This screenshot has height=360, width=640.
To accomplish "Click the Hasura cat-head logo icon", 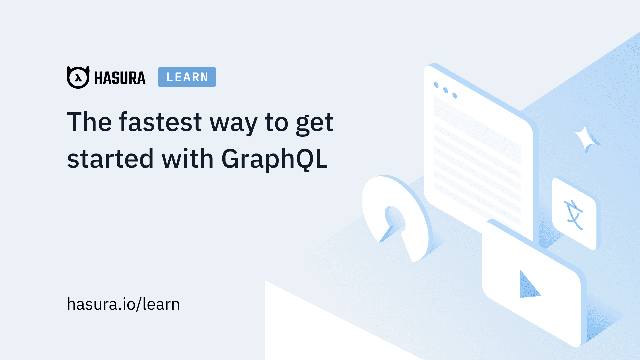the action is point(78,77).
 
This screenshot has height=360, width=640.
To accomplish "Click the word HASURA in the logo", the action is point(120,78).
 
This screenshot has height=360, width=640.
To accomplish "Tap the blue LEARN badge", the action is point(187,77).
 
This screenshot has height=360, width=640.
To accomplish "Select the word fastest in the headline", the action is point(161,122).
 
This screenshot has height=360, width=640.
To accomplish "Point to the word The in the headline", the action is point(89,122).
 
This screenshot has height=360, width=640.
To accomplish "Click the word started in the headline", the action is point(110,158).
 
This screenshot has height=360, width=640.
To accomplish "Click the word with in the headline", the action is point(187,158).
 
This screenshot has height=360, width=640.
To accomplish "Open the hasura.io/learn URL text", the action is point(123,304).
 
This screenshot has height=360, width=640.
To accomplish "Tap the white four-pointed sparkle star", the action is point(586,137).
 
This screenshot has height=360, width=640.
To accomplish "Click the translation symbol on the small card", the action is point(573,215).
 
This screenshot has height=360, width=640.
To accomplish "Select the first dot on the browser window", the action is point(436,85).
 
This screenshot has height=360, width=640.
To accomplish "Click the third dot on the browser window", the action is point(455,95).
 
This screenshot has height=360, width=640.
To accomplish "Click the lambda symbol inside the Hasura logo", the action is point(78,78).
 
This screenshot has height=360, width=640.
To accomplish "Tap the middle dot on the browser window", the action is point(445,90).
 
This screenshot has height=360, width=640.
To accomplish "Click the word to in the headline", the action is point(277,123).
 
